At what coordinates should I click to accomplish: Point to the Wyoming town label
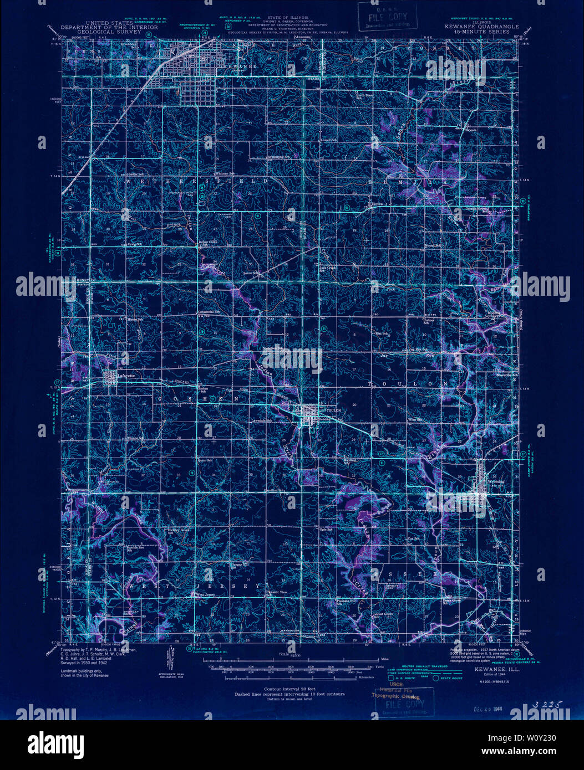(496, 481)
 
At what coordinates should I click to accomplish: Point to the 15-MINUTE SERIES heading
(491, 33)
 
